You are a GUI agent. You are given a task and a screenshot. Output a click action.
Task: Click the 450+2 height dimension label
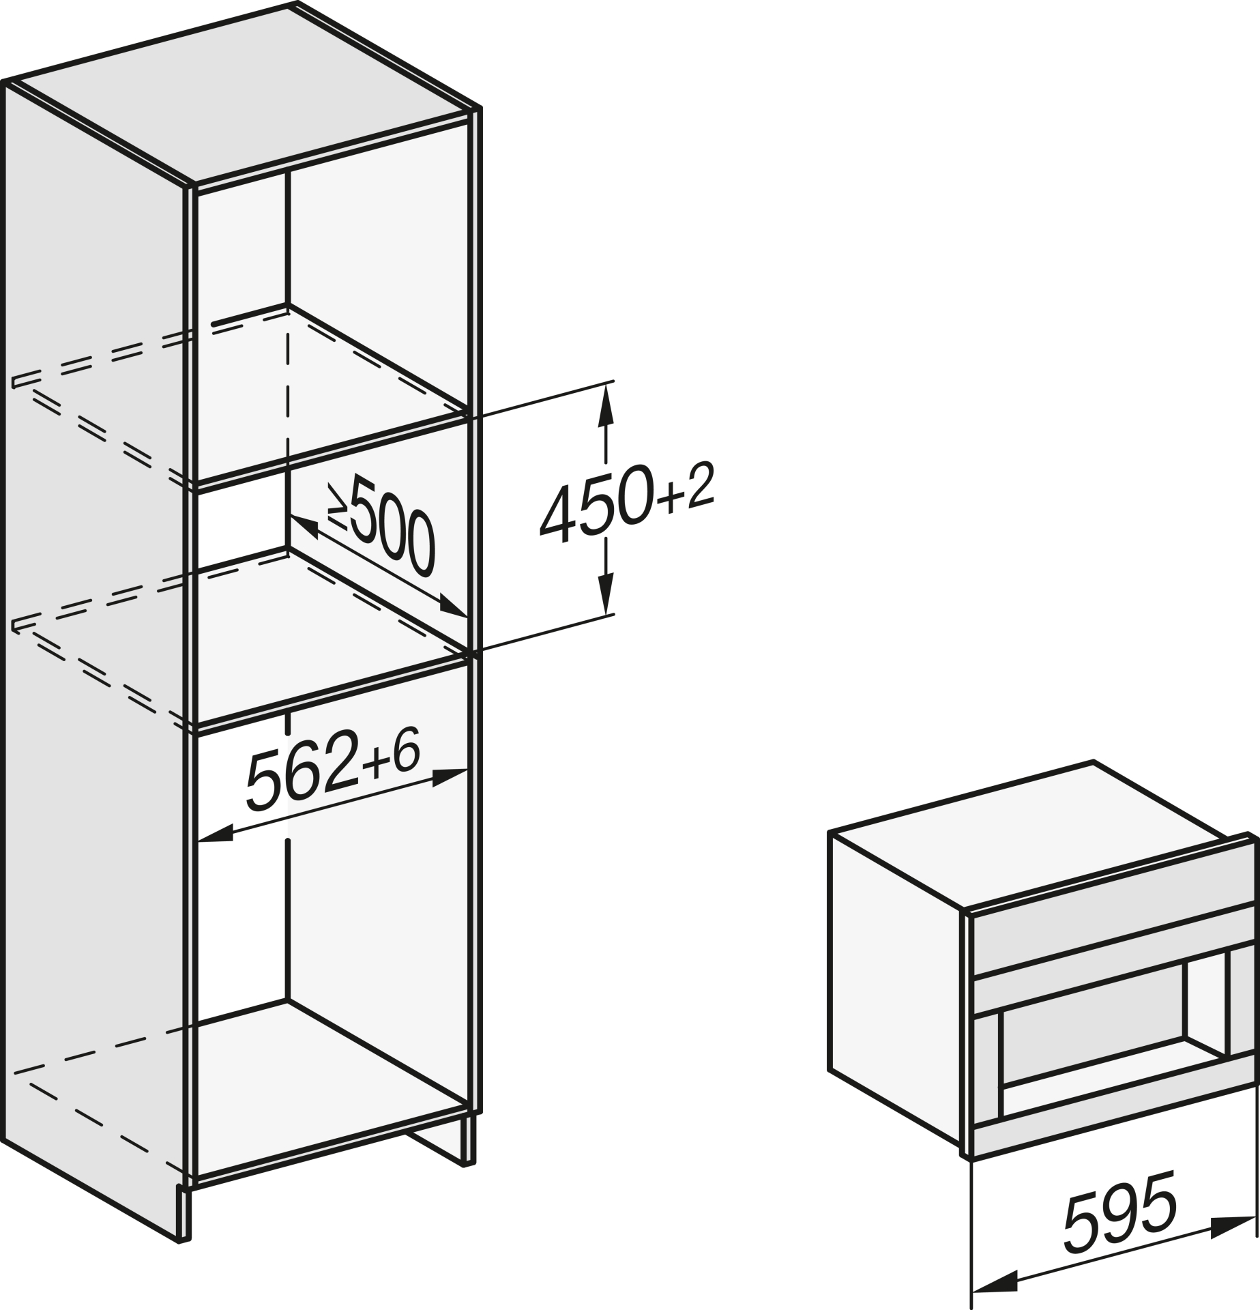[x=626, y=502]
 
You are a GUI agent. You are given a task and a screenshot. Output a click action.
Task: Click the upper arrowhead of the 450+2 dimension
[x=605, y=405]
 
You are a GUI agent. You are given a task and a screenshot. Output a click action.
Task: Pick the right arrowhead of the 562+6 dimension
[x=450, y=777]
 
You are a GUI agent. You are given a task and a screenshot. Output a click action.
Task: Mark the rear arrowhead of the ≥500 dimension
[x=304, y=527]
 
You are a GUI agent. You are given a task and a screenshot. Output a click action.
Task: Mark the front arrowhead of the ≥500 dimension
[x=453, y=606]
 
